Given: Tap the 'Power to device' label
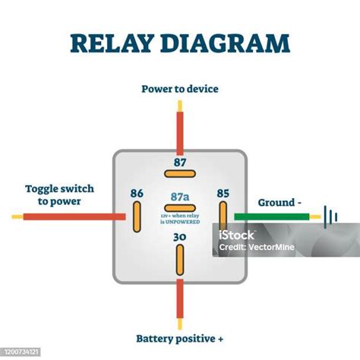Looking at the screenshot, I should point(180,89).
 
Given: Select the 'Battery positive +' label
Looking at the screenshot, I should point(180,338).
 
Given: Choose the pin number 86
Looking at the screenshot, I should point(137,193).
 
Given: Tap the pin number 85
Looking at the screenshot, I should point(223,193).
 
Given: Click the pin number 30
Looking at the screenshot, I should point(180,238).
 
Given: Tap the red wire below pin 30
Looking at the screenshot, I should point(180,300).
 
